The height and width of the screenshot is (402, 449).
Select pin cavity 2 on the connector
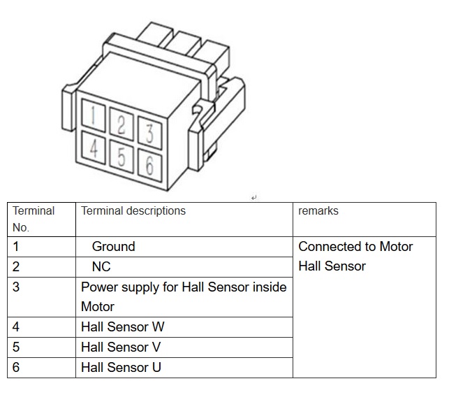(x=122, y=124)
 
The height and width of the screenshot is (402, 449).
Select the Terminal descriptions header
(x=133, y=210)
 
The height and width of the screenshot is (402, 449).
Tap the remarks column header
(x=318, y=210)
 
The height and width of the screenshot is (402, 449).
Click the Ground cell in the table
(x=113, y=247)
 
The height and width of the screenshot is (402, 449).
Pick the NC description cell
(x=101, y=267)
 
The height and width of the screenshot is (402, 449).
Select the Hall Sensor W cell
(x=123, y=327)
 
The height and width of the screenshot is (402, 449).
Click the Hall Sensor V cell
(x=122, y=347)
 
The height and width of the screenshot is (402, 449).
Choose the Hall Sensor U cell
(x=122, y=368)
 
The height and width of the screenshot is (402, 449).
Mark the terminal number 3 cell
(x=16, y=287)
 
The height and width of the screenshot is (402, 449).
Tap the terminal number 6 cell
(x=16, y=368)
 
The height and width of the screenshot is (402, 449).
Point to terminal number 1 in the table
(x=16, y=247)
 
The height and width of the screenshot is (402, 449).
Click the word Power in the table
(x=98, y=287)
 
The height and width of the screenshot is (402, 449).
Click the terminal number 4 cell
(x=16, y=327)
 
